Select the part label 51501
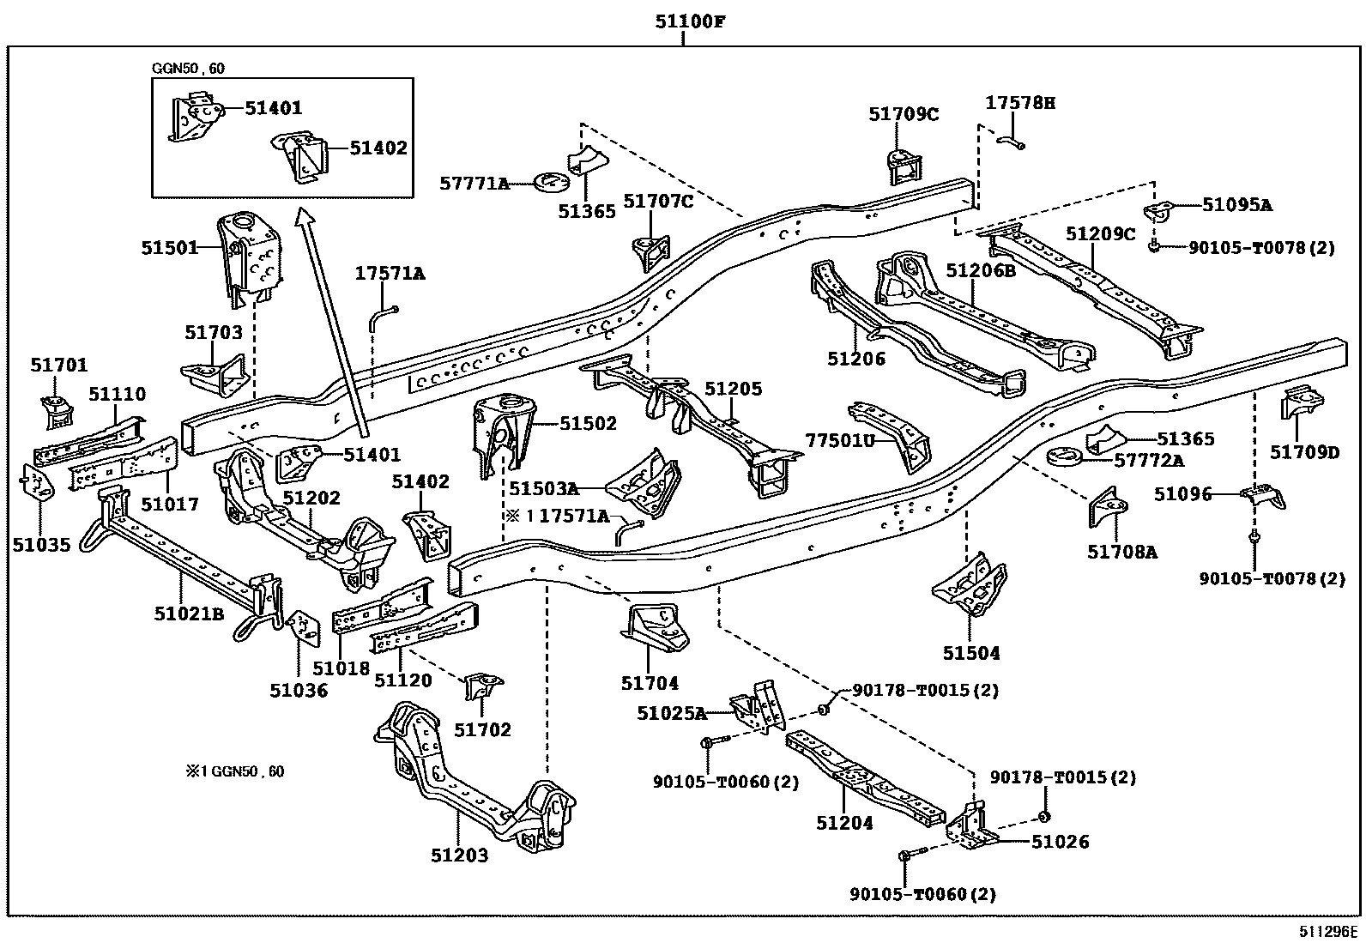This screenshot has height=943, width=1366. pos(169,248)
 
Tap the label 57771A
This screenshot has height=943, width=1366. pos(474,183)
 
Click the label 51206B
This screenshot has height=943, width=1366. pos(981,271)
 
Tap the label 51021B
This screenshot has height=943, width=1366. pos(190,613)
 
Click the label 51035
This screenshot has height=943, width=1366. pos(42,544)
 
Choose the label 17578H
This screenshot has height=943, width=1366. pos(1020,104)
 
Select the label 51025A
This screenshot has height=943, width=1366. pos(671,712)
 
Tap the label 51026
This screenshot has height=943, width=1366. pos(1060,842)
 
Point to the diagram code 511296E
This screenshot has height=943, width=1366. pos(1327,932)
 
